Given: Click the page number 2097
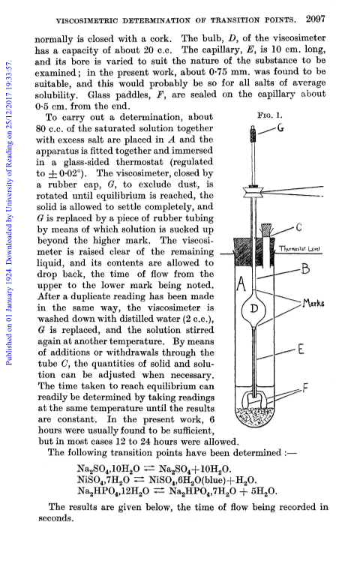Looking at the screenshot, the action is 316,19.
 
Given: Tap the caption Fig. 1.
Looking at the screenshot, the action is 270,115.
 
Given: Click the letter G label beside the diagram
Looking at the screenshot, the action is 280,127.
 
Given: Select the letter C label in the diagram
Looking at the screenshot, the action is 299,227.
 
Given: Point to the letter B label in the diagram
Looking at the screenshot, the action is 306,269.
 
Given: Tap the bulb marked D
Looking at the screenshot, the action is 253,307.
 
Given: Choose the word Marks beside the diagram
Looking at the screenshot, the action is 313,304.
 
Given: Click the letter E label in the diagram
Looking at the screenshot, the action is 301,349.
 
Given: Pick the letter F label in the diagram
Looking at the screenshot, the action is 305,388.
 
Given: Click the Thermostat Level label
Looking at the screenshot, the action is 299,249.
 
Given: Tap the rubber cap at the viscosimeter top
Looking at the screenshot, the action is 253,134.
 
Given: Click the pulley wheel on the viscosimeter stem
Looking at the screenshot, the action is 253,191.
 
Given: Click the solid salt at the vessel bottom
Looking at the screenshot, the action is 253,415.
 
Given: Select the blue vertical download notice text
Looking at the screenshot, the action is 9,214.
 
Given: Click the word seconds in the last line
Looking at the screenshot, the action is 55,518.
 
